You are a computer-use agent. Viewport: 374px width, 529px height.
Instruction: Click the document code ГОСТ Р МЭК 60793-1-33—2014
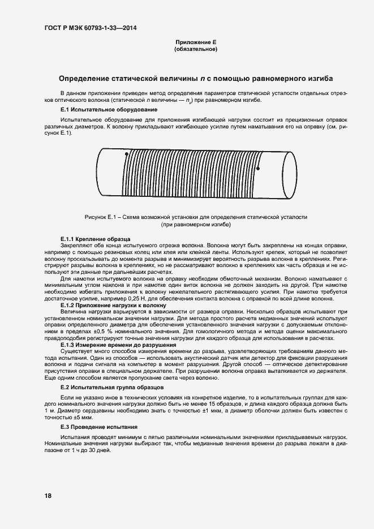click(x=91, y=28)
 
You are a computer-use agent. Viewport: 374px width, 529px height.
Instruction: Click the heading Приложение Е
click(x=196, y=42)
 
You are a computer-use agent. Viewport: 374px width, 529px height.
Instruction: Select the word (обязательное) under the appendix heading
click(x=196, y=50)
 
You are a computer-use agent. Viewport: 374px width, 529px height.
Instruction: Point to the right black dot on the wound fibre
click(x=258, y=168)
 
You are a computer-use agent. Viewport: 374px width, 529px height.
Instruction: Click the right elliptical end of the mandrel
click(x=290, y=175)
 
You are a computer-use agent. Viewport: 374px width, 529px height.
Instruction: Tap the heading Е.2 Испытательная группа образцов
click(x=112, y=388)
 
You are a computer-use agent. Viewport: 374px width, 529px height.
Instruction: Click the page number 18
click(x=48, y=496)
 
